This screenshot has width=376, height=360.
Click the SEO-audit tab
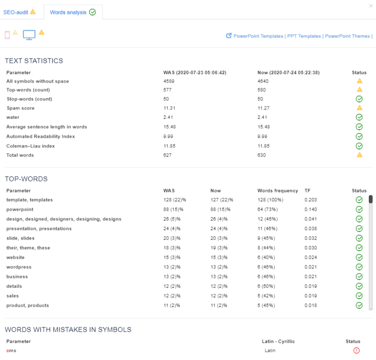[19, 12]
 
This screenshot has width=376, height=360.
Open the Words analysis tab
[73, 12]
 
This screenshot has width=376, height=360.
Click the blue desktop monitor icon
[29, 35]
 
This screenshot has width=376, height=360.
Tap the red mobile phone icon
[7, 35]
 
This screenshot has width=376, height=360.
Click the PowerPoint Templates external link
[258, 36]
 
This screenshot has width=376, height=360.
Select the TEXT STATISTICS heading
[34, 61]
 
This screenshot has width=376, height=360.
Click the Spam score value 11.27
[264, 108]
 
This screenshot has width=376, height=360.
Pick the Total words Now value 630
[262, 155]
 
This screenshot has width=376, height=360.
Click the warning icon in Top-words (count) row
[359, 90]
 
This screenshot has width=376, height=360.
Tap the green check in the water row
[359, 118]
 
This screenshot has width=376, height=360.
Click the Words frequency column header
[278, 191]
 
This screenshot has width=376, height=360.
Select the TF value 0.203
[310, 200]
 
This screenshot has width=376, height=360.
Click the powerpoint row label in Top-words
[20, 210]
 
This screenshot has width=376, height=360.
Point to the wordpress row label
[19, 267]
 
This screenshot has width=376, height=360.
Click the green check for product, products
[359, 305]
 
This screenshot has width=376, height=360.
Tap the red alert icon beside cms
[356, 350]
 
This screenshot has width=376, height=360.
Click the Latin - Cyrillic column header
[278, 341]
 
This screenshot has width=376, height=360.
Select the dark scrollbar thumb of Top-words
[371, 199]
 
